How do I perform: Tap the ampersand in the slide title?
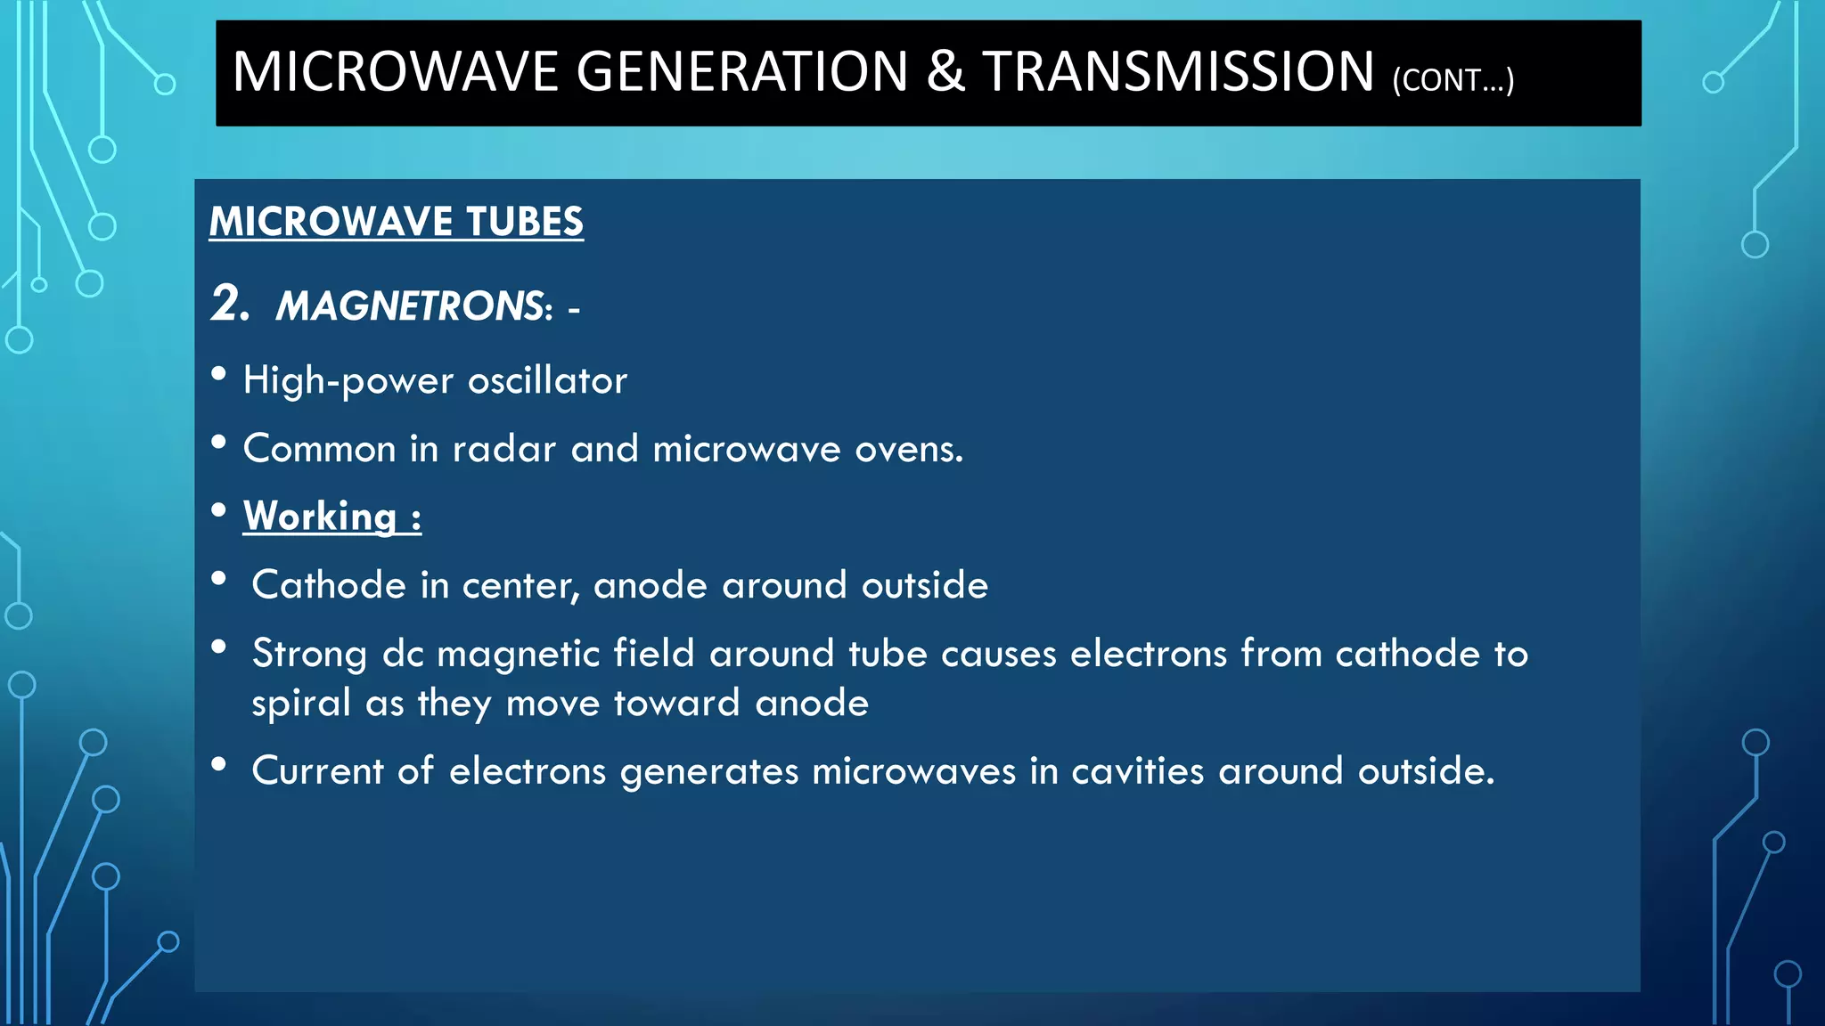click(945, 72)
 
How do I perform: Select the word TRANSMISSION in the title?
click(1179, 72)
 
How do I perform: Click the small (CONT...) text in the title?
click(1453, 80)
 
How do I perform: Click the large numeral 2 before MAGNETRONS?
click(228, 304)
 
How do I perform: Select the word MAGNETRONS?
click(410, 306)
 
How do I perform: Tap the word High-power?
click(348, 382)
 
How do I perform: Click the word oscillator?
click(547, 381)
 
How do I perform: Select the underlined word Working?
click(320, 517)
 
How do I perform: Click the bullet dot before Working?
click(219, 510)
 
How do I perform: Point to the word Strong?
click(309, 655)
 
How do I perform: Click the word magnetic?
click(518, 655)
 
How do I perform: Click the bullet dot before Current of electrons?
click(219, 764)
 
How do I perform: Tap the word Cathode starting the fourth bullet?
click(329, 586)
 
